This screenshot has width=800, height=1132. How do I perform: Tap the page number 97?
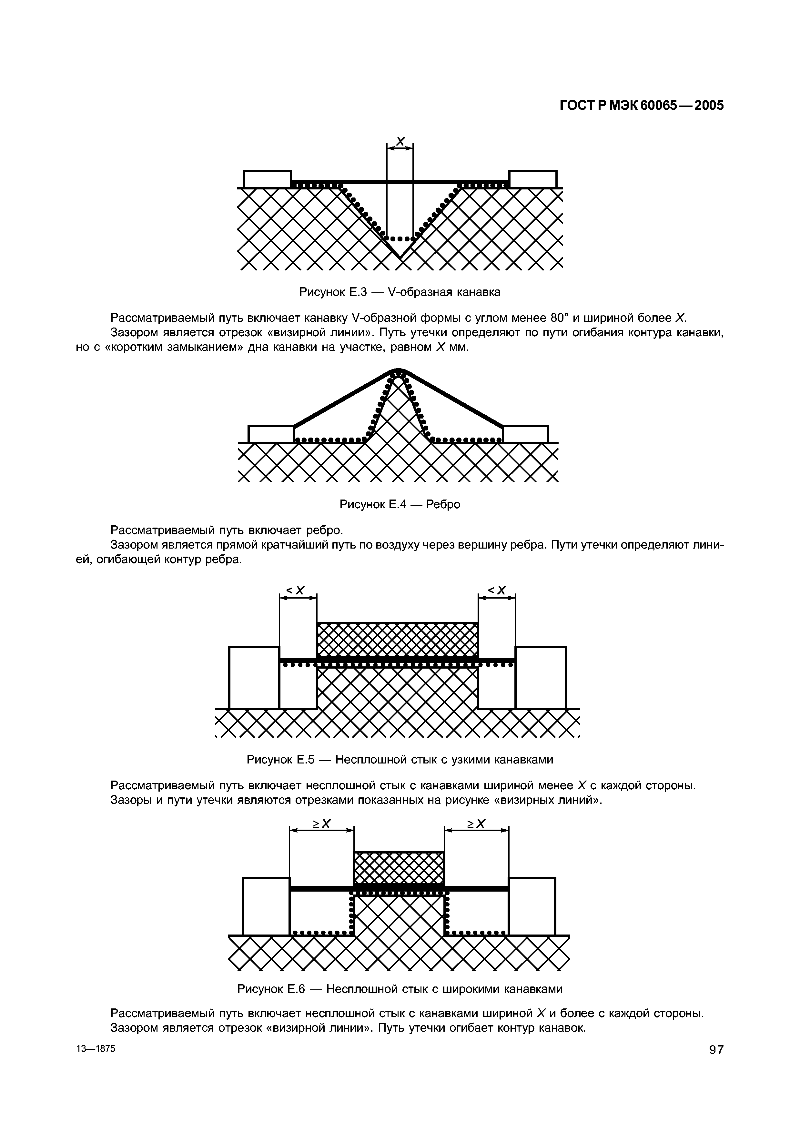pos(716,1064)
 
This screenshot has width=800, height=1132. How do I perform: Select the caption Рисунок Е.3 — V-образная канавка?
pos(400,292)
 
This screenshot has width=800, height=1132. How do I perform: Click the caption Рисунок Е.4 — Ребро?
pos(400,504)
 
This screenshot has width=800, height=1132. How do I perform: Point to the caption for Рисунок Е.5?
pos(400,760)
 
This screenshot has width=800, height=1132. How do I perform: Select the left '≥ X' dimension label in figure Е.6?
pos(321,824)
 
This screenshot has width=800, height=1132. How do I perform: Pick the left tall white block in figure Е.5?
pos(254,677)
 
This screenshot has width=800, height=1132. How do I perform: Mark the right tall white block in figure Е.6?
pos(532,906)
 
